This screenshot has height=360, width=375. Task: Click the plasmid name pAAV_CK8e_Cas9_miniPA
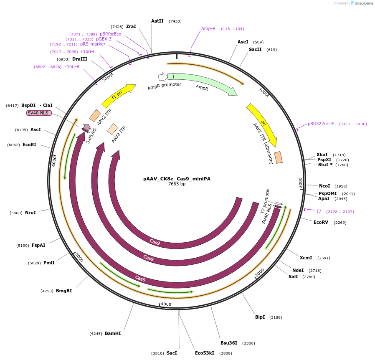point(177,179)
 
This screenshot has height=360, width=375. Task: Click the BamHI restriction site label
point(113,333)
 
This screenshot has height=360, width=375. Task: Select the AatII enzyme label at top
point(157,21)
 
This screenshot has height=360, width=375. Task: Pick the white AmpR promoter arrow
point(162,77)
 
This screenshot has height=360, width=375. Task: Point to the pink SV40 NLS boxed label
point(39,113)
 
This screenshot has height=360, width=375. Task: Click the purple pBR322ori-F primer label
point(321,124)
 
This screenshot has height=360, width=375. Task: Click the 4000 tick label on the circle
point(166,304)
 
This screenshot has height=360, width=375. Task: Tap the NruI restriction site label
point(30,213)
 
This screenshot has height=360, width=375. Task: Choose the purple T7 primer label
point(319,211)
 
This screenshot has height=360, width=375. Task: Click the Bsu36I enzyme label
point(229,343)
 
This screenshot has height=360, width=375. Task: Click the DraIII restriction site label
point(80,59)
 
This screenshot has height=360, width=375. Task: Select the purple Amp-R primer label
point(208,28)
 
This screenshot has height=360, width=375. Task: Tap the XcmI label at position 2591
point(306,258)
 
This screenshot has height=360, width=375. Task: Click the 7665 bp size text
point(177,184)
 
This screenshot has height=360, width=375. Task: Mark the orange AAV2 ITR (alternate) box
point(278,157)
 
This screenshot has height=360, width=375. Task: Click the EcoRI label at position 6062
point(29,145)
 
